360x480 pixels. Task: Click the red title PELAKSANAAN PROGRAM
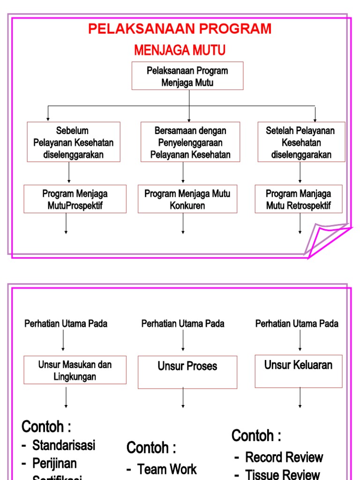tap(180, 29)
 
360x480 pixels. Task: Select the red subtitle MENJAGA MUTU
tap(180, 50)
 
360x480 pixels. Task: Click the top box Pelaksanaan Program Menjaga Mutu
tap(187, 76)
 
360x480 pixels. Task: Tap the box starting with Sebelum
tap(73, 142)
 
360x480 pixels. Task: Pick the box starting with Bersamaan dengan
tap(190, 142)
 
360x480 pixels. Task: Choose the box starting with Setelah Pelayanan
tap(301, 142)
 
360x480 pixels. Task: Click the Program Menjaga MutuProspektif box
tap(75, 199)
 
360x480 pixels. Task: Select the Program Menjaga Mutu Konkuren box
tap(187, 199)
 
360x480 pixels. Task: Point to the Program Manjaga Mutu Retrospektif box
tap(298, 199)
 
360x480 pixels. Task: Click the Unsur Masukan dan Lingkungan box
tap(75, 370)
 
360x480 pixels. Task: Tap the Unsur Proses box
tap(187, 372)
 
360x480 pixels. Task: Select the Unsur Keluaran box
tap(298, 371)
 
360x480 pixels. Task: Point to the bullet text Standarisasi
tap(64, 445)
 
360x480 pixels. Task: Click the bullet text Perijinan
tap(54, 463)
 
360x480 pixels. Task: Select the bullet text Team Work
tap(167, 469)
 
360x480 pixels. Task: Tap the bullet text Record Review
tap(284, 457)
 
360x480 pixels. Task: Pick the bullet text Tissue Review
tap(283, 474)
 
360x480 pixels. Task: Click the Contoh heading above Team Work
tap(151, 448)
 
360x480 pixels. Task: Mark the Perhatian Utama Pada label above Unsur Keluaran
tap(297, 323)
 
